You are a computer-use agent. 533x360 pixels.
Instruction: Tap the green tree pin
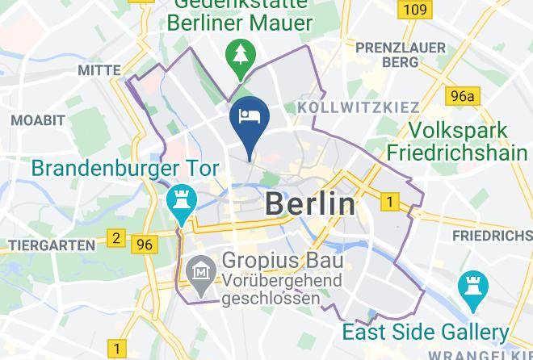[241, 53]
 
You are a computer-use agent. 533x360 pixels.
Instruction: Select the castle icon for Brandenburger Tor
[178, 201]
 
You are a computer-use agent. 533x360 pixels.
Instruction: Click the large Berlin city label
[310, 204]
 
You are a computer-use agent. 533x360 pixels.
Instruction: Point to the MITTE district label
[99, 70]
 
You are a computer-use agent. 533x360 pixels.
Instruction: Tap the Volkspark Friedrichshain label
[458, 141]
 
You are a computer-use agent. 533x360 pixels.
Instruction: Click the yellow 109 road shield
[414, 10]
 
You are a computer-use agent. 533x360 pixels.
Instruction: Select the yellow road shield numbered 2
[116, 238]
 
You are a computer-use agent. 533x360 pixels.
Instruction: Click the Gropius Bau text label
[282, 261]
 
